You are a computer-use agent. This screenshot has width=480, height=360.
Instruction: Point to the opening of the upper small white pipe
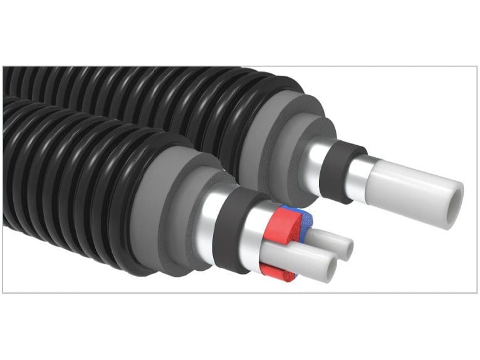coord(346,248)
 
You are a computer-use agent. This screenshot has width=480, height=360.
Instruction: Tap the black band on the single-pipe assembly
coord(337,169)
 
